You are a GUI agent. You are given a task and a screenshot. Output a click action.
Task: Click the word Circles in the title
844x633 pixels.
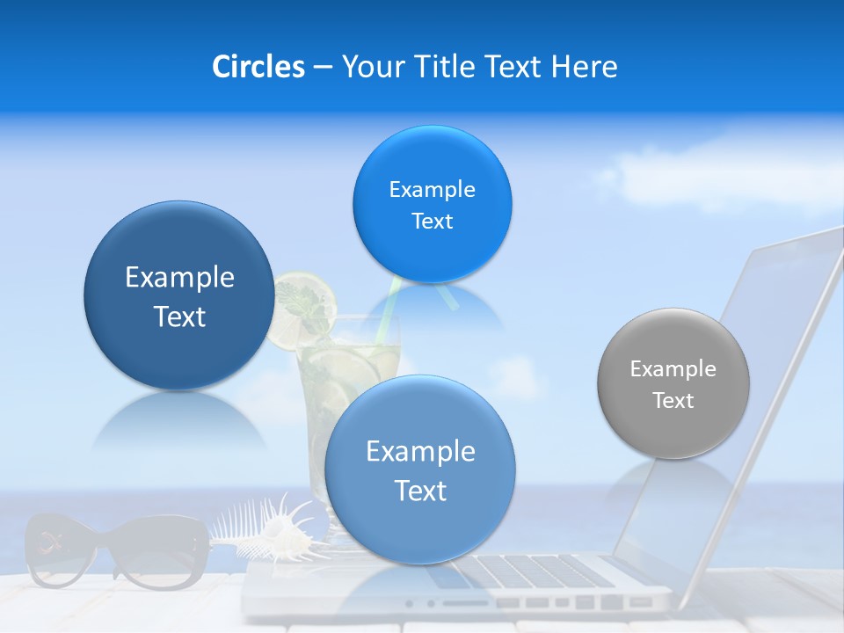tap(258, 67)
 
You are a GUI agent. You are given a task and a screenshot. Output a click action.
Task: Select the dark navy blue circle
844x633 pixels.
tap(179, 295)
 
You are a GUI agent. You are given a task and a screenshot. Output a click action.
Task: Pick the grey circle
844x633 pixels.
tap(673, 383)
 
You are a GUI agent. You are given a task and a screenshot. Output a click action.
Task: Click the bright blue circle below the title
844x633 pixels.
tap(432, 204)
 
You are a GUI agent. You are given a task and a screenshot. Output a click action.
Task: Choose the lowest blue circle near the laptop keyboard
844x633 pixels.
tap(420, 469)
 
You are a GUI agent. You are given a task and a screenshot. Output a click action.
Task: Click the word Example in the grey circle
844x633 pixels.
tap(673, 368)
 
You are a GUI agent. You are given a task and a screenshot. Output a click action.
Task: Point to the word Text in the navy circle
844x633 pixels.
tap(179, 316)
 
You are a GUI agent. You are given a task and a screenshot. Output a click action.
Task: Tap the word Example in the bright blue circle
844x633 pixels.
tap(432, 189)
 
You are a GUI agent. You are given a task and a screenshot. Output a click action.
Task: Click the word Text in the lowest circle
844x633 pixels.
tap(420, 491)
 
